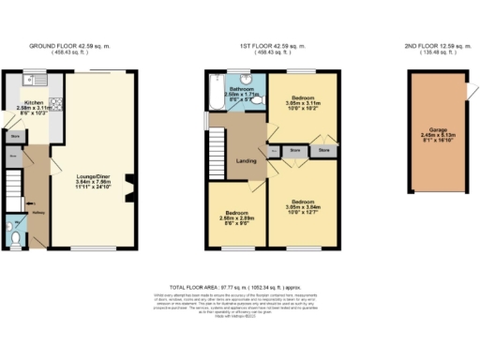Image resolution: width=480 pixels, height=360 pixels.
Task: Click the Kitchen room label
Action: tap(33, 104)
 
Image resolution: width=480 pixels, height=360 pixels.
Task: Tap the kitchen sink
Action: tap(32, 77)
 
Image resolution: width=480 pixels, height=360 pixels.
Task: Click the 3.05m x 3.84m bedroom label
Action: tap(302, 205)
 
